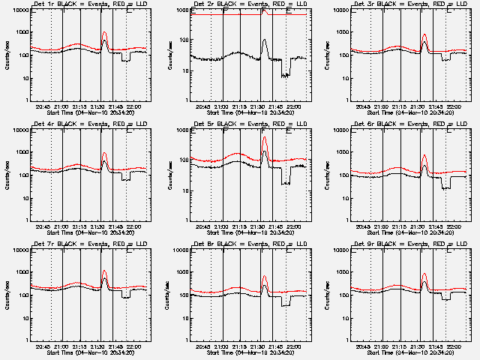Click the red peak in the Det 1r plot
pos(104,33)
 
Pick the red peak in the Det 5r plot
pos(265,137)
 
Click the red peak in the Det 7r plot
pos(104,271)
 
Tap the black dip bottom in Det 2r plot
pos(286,75)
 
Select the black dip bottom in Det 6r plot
pos(446,187)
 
